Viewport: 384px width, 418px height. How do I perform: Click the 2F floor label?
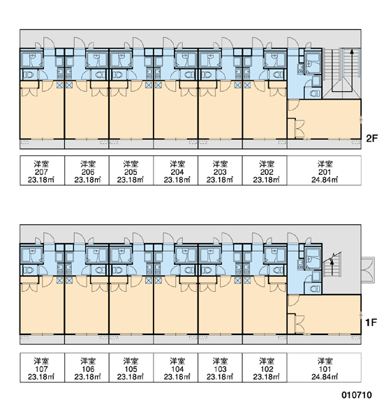pos(371,139)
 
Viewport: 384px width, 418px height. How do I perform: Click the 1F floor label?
pos(371,323)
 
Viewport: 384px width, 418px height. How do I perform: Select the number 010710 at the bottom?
pos(357,395)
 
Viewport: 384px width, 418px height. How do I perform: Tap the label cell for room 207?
pos(42,171)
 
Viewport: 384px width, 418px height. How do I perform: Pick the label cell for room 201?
pos(324,171)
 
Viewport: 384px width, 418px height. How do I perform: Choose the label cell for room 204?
pos(175,171)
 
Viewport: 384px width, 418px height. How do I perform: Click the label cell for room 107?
pos(42,368)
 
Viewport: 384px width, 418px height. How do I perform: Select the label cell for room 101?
pos(324,368)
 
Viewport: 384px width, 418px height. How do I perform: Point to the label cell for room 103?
pos(220,368)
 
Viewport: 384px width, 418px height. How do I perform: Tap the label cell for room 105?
pos(131,368)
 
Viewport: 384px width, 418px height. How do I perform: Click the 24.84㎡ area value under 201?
pos(325,180)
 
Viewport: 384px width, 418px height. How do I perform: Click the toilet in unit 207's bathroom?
pos(28,75)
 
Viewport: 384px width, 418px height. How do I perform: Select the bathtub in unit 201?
pos(313,63)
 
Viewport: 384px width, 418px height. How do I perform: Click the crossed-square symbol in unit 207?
pos(59,85)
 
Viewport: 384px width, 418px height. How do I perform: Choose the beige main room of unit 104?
pos(175,309)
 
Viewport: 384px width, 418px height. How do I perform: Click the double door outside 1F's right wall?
pos(368,270)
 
